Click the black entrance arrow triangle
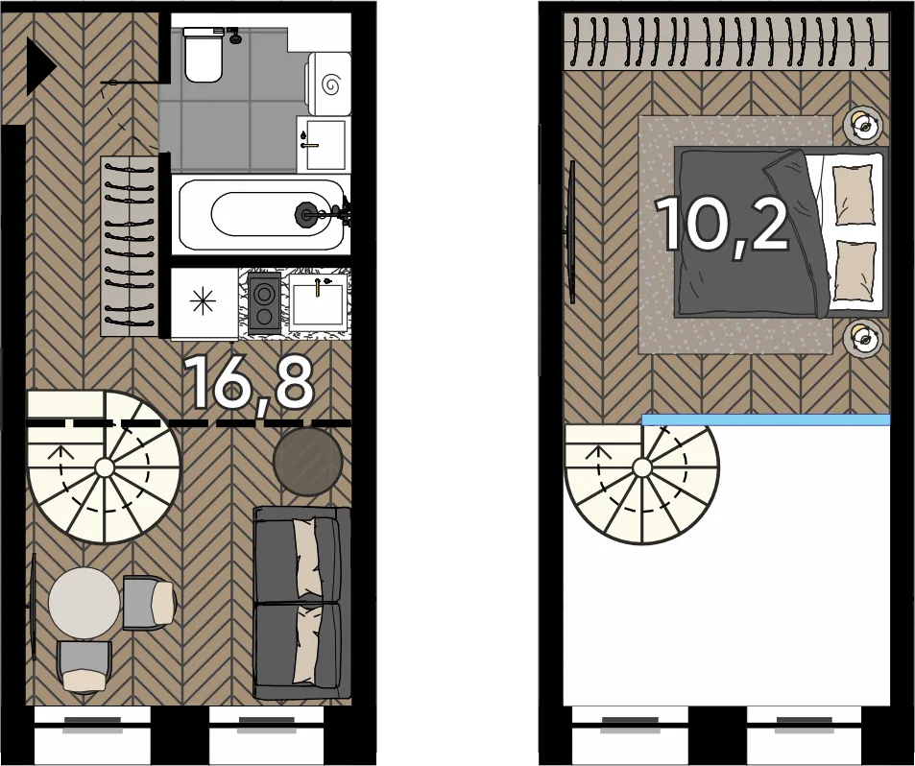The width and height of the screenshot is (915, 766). tap(39, 67)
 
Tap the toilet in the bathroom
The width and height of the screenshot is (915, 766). tap(204, 55)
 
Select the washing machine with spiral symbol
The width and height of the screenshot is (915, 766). tap(329, 84)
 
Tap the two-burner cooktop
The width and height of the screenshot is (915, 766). tap(264, 303)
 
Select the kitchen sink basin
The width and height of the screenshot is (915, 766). tap(317, 304)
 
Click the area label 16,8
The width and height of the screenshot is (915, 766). tap(249, 382)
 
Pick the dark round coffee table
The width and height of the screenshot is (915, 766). tap(308, 462)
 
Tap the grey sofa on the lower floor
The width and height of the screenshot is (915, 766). tap(302, 603)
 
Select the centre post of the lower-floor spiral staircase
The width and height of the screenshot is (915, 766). tap(105, 467)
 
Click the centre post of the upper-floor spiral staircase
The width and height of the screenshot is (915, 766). tap(642, 467)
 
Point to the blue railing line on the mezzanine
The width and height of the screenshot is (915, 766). tap(766, 420)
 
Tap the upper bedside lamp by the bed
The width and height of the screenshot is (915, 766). tap(863, 124)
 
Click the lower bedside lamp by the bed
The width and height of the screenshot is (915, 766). tap(863, 336)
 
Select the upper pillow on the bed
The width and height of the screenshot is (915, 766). tap(855, 194)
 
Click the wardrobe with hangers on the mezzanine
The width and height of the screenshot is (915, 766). tap(727, 42)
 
